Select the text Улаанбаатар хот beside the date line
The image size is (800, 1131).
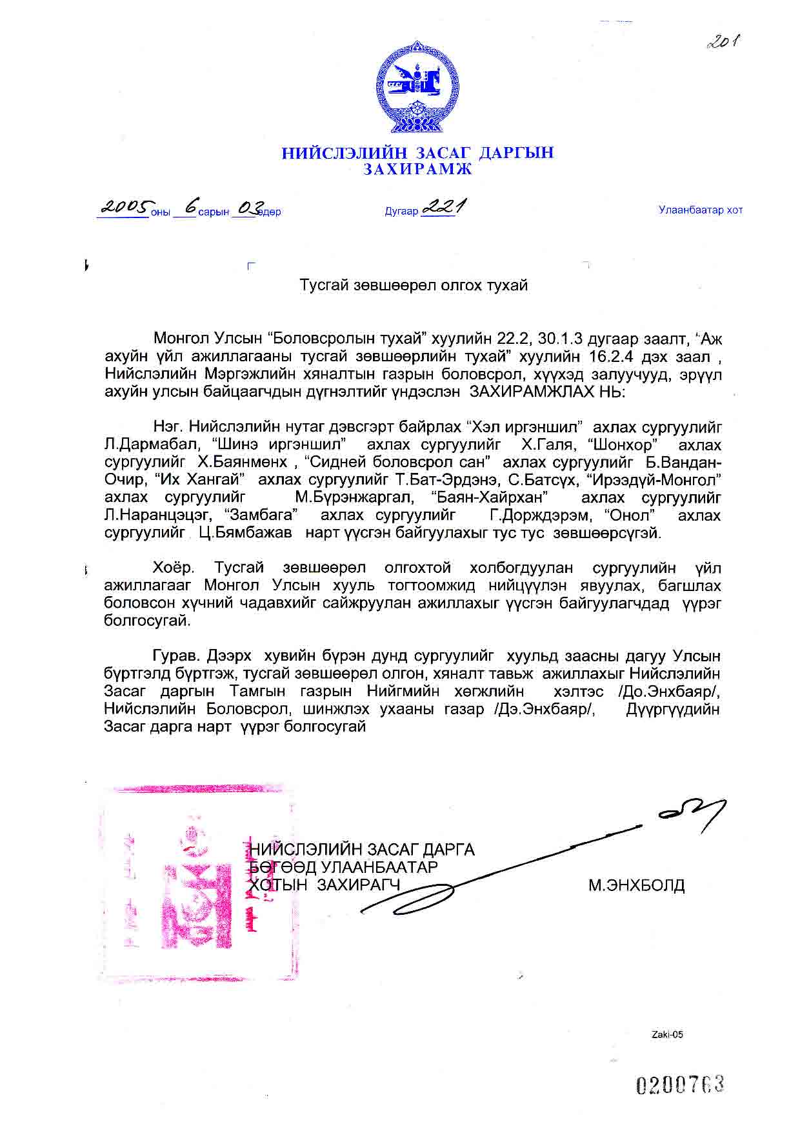click(700, 210)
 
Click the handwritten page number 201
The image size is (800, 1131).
click(723, 43)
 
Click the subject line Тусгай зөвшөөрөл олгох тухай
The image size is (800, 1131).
click(414, 285)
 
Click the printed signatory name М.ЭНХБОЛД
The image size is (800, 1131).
click(636, 885)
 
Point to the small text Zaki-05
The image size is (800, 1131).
click(667, 1034)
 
